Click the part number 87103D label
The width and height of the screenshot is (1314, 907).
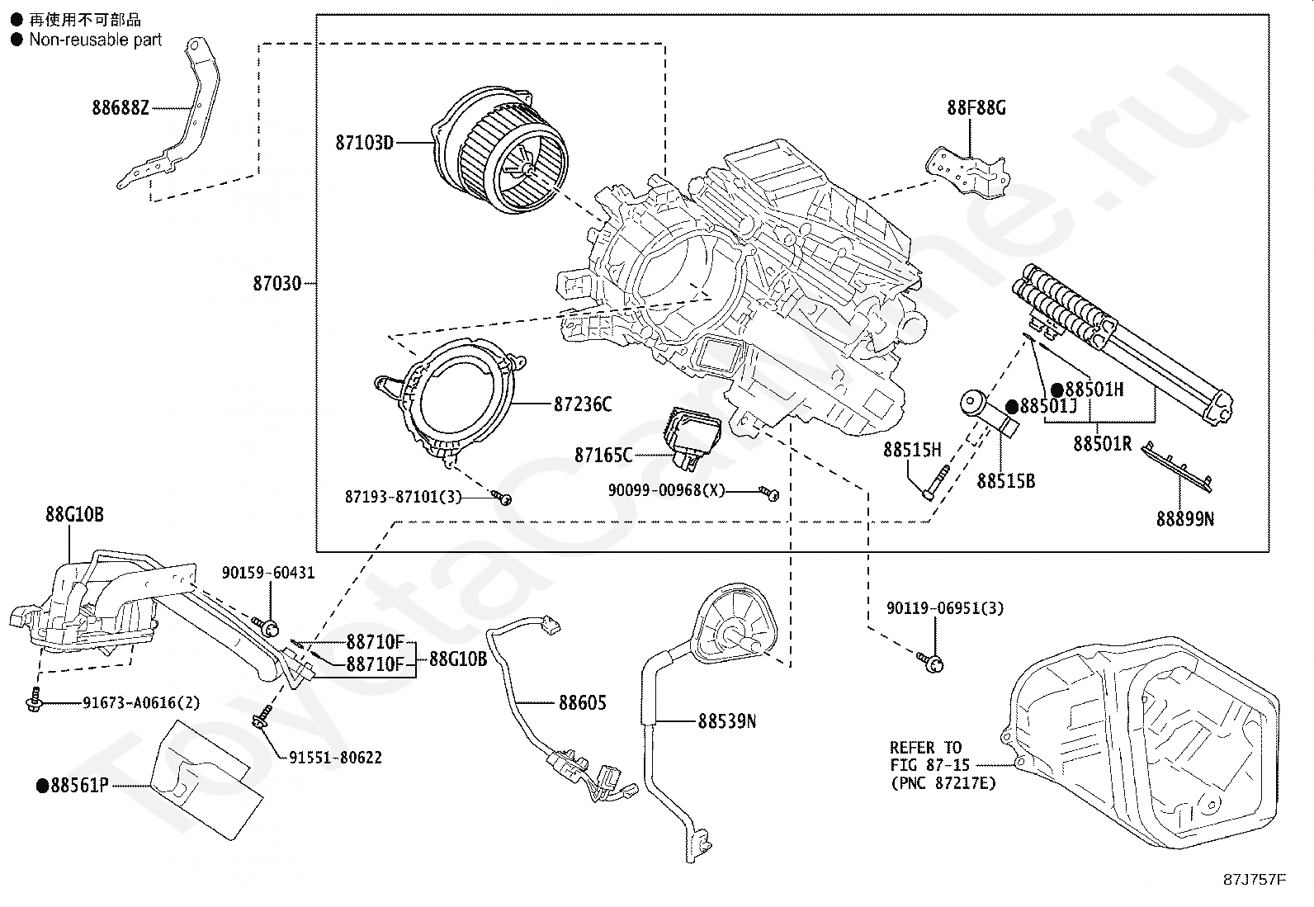click(364, 143)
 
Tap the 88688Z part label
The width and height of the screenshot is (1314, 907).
click(121, 107)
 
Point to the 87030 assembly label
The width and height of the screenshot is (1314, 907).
click(277, 284)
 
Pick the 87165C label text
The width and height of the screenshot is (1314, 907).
click(603, 455)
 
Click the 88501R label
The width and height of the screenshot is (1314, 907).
click(1102, 444)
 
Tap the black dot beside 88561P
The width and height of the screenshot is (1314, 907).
click(42, 787)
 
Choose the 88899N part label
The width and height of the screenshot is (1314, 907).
click(1184, 519)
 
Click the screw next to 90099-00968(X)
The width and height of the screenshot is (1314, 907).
click(771, 493)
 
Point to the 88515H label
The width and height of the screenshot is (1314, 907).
click(912, 450)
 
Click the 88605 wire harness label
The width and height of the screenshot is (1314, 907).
click(582, 703)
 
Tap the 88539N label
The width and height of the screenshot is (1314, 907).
click(726, 721)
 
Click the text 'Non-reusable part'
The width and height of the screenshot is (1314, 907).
click(96, 40)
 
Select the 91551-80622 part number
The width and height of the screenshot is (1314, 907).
click(335, 758)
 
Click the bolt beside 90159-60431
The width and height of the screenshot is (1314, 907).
click(268, 626)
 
